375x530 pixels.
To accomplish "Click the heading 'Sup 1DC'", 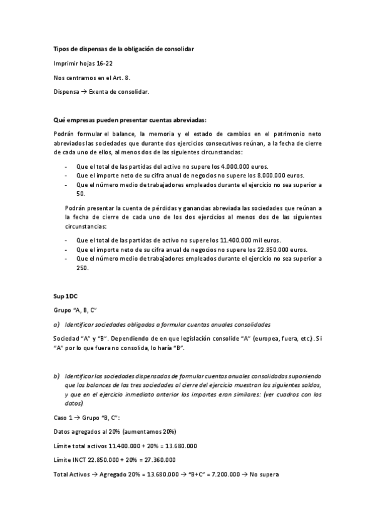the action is pyautogui.click(x=64, y=296).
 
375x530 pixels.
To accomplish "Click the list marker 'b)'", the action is pyautogui.click(x=57, y=376).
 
